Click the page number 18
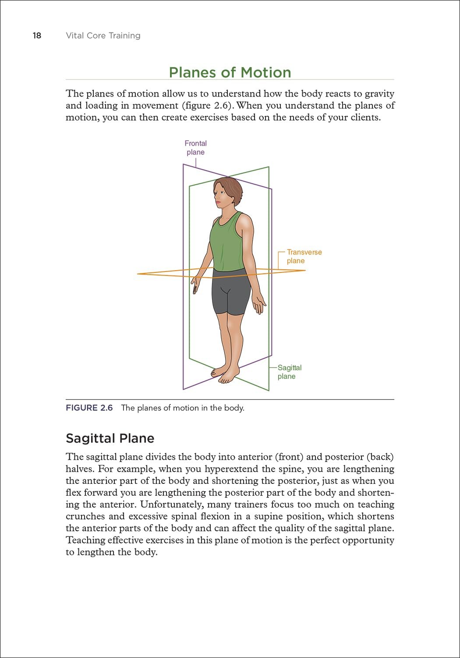click(x=37, y=36)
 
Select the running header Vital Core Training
click(x=103, y=36)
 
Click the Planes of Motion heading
click(x=230, y=72)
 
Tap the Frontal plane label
click(x=195, y=148)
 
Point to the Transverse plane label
click(x=304, y=257)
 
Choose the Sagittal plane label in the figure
click(x=289, y=372)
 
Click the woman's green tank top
click(x=227, y=243)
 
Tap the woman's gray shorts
click(x=230, y=292)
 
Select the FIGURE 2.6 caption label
click(x=89, y=408)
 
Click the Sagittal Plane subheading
click(x=110, y=438)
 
